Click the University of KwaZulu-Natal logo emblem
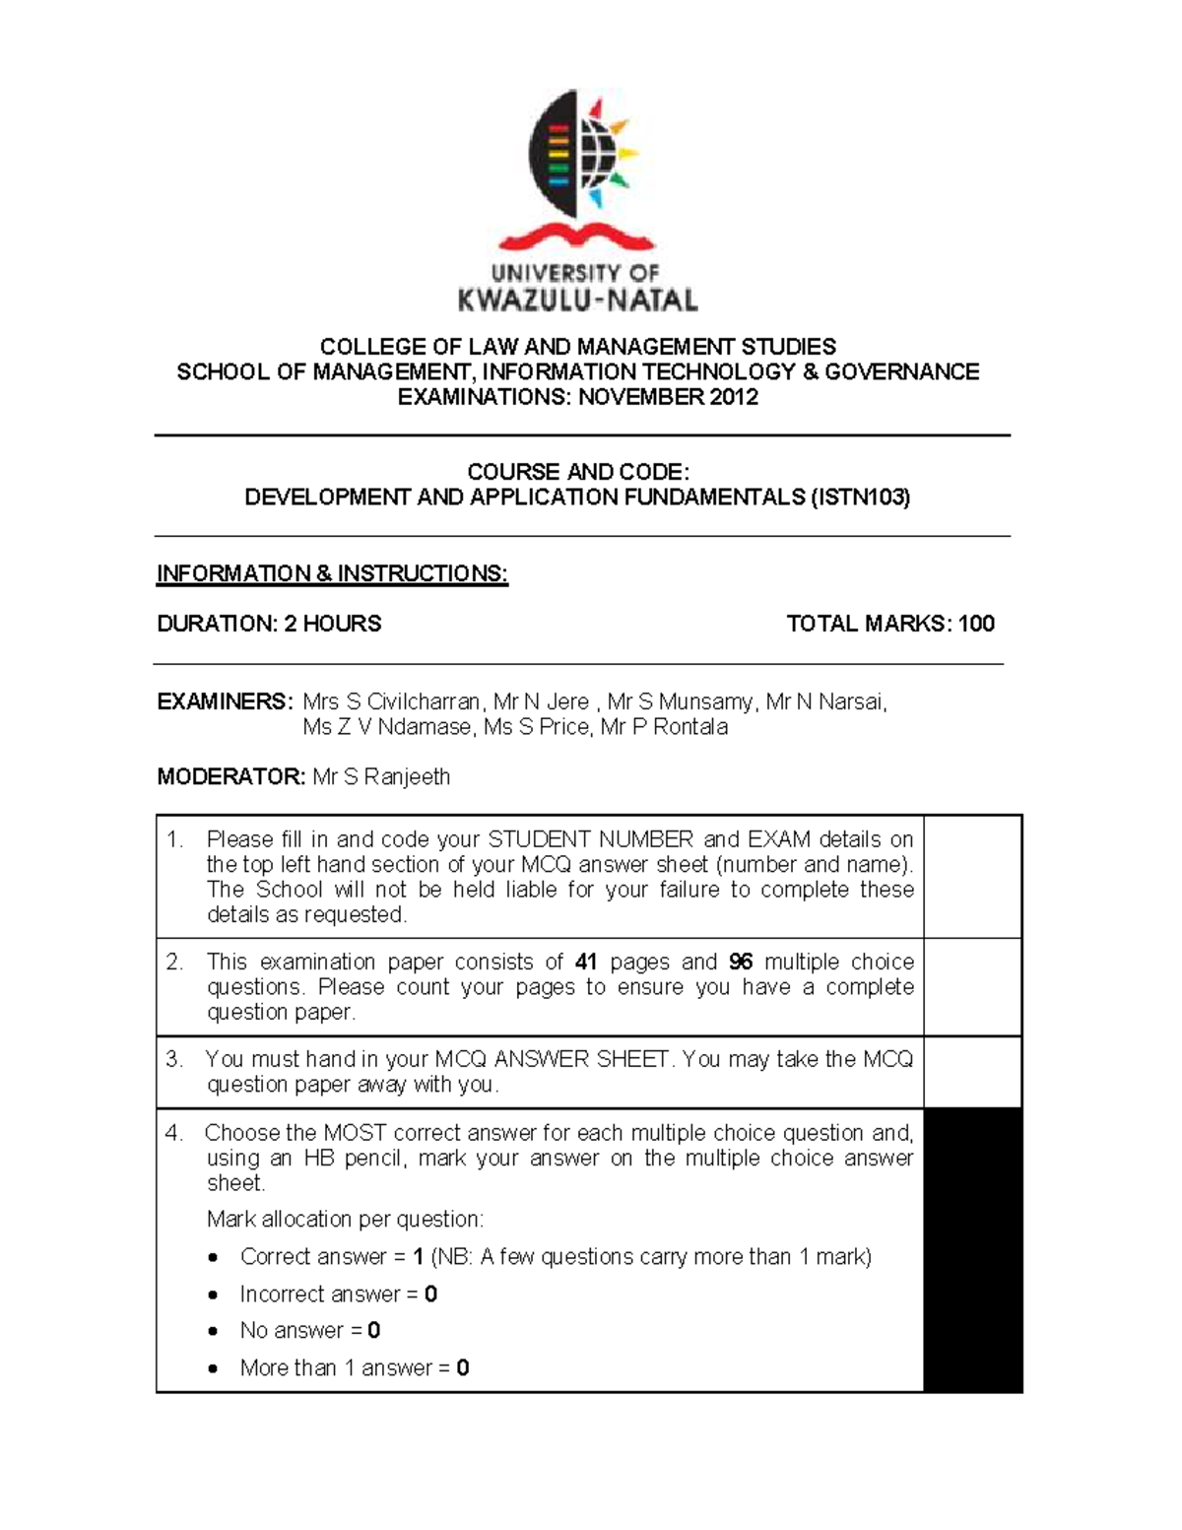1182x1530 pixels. click(x=581, y=153)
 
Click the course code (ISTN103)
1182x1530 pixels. click(x=859, y=498)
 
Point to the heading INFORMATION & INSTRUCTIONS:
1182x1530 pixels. click(x=332, y=573)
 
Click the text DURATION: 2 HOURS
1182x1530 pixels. click(x=269, y=624)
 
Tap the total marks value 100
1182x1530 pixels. click(x=976, y=624)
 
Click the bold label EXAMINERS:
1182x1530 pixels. click(x=225, y=701)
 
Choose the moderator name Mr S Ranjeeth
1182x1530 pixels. click(x=381, y=776)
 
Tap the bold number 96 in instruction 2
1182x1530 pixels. click(x=740, y=962)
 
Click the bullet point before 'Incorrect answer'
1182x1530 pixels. click(x=214, y=1295)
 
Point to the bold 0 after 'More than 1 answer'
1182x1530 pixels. click(x=463, y=1368)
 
